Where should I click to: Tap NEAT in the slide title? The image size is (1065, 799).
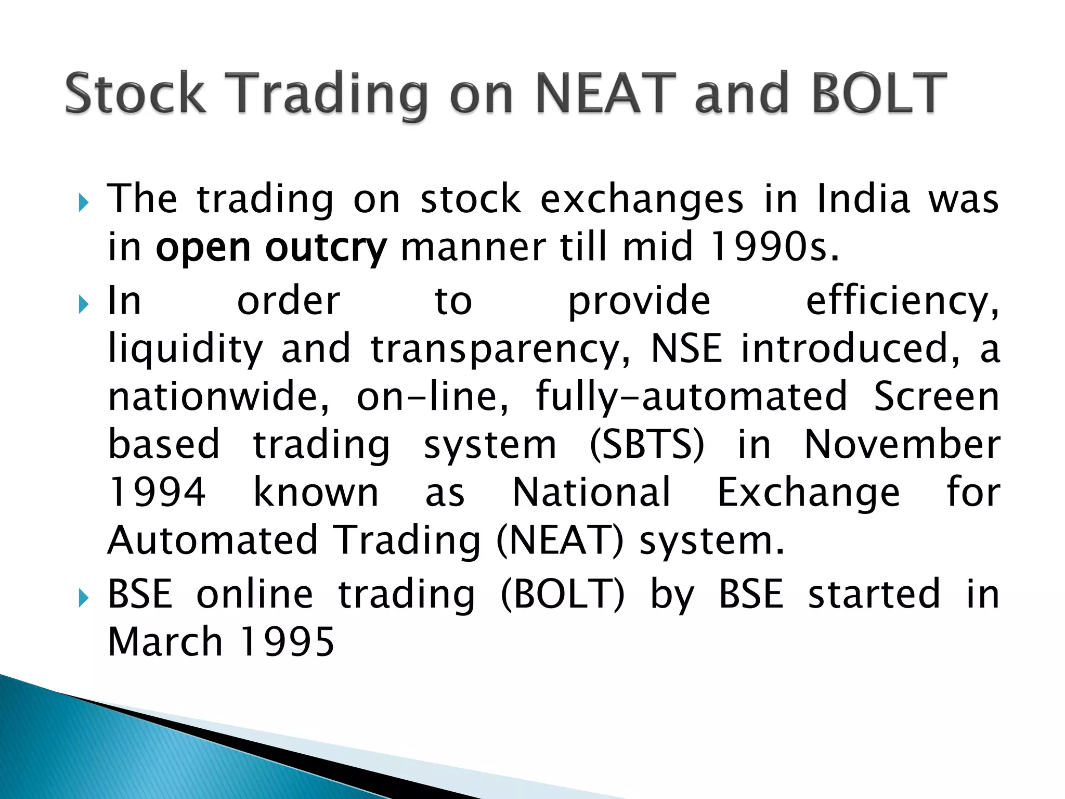tap(606, 94)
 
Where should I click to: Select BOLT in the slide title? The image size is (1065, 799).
tap(879, 94)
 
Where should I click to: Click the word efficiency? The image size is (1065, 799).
tap(902, 302)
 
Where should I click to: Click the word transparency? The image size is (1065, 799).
tap(500, 350)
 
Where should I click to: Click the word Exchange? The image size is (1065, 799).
tap(809, 493)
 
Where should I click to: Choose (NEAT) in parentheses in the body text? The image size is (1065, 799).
tap(560, 540)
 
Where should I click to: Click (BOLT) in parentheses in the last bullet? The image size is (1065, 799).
tap(562, 594)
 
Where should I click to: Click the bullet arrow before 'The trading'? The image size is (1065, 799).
tap(84, 203)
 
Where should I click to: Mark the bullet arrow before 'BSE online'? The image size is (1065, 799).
tap(84, 598)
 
